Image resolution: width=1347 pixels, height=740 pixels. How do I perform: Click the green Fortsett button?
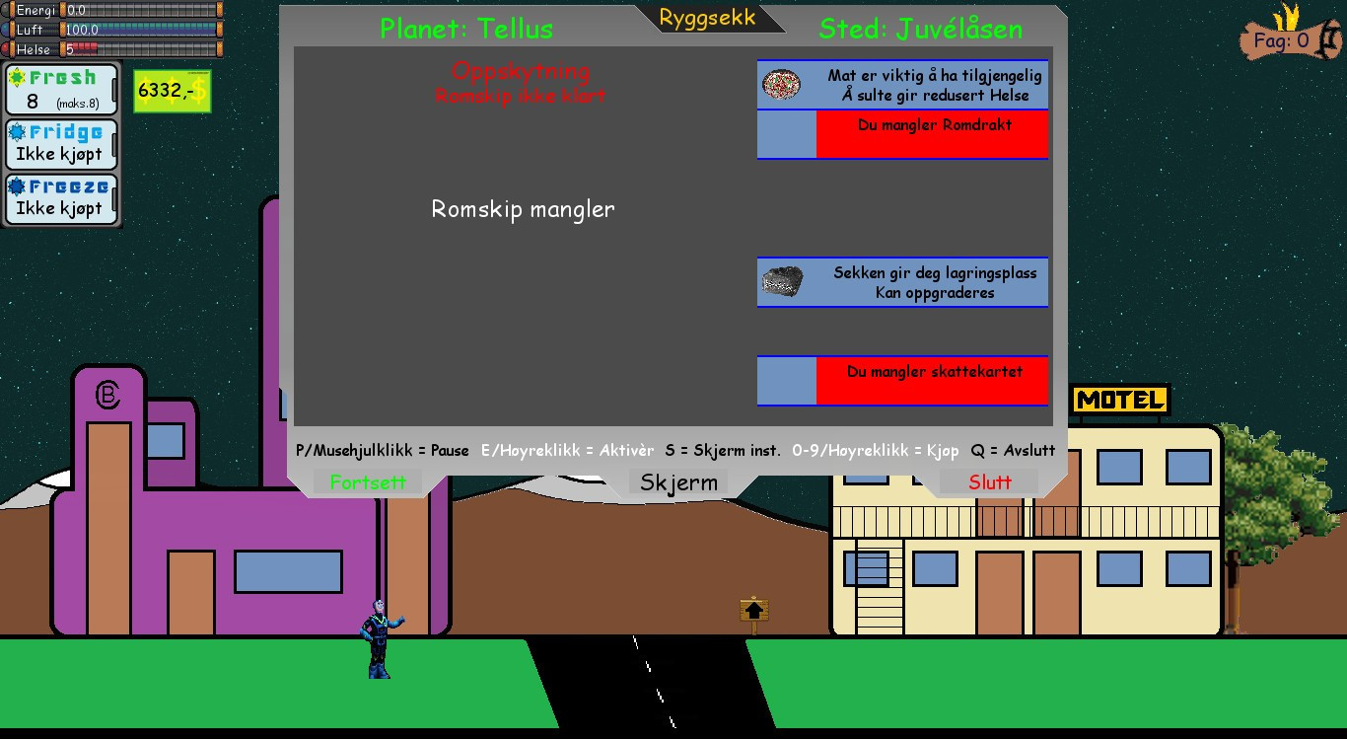click(x=368, y=482)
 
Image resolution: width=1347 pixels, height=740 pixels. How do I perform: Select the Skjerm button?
click(x=678, y=482)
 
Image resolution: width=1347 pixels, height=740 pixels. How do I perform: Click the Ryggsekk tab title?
click(x=707, y=18)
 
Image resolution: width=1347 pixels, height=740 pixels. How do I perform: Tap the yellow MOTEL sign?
click(x=1119, y=400)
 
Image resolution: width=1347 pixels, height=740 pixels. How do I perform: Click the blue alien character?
click(x=381, y=639)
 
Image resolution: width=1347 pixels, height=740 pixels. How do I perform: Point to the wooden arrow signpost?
click(x=754, y=612)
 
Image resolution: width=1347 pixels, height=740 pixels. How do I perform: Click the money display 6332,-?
click(x=173, y=91)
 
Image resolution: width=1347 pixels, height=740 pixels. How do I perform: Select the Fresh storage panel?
click(x=61, y=90)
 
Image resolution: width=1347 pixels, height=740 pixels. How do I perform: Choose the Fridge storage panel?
click(x=61, y=144)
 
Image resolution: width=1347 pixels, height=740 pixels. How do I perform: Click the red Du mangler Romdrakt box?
click(x=932, y=134)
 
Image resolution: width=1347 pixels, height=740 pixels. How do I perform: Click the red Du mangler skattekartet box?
click(x=932, y=381)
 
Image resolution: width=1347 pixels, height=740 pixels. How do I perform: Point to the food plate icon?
click(x=781, y=85)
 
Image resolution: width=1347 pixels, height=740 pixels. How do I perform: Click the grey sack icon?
click(x=783, y=282)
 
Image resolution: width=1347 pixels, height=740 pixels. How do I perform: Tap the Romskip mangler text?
click(x=523, y=209)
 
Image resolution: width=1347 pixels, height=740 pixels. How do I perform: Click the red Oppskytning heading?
click(x=521, y=71)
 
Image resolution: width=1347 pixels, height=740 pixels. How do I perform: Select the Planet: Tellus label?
click(x=466, y=29)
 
